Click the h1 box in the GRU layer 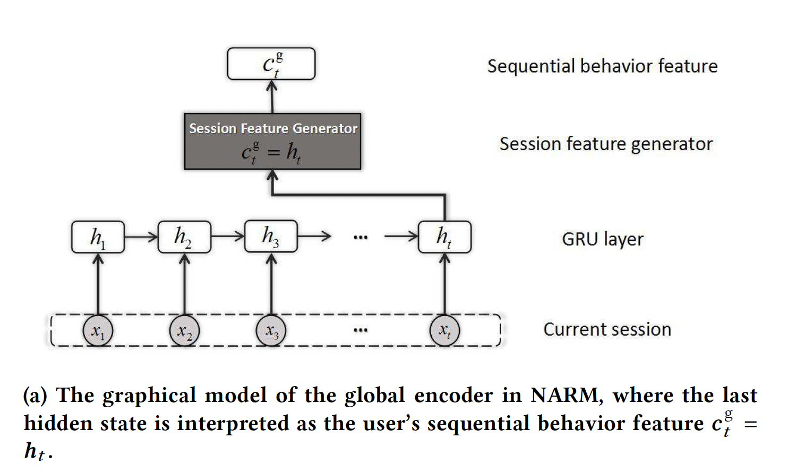[98, 237]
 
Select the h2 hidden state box [184, 237]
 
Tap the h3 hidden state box [271, 236]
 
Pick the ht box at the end [444, 236]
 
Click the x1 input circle [98, 331]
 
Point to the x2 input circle [184, 331]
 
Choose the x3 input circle [271, 331]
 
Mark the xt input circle [444, 330]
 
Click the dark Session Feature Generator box [272, 142]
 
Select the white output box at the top [271, 64]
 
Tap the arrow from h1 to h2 [141, 236]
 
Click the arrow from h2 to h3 [228, 236]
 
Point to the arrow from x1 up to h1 [98, 284]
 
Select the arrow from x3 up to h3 [271, 284]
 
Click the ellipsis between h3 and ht [361, 237]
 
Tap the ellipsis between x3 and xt [361, 330]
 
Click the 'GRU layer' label [603, 239]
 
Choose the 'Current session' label [607, 330]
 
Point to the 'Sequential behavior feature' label [602, 66]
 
